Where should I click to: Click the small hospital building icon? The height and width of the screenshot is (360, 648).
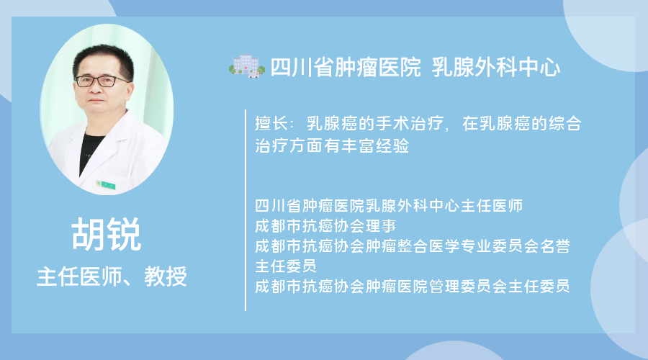click(x=247, y=66)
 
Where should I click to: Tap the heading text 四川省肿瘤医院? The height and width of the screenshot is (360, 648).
click(x=346, y=67)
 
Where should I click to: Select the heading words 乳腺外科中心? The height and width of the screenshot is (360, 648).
click(x=496, y=67)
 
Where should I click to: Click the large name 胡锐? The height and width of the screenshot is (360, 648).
click(x=107, y=234)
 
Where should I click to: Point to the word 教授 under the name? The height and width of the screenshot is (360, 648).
click(x=166, y=276)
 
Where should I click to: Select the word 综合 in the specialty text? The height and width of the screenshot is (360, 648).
click(x=565, y=123)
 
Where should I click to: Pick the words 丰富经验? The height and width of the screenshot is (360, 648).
click(x=375, y=145)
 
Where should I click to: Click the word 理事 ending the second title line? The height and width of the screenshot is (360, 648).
click(x=381, y=225)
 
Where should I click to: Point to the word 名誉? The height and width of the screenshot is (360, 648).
click(x=555, y=246)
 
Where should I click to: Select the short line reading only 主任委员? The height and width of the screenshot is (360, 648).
click(x=286, y=266)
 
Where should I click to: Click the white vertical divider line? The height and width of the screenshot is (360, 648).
click(x=246, y=210)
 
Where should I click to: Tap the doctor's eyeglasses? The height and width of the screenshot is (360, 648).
click(x=102, y=81)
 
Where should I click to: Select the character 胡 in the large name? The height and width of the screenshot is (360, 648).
click(x=89, y=234)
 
